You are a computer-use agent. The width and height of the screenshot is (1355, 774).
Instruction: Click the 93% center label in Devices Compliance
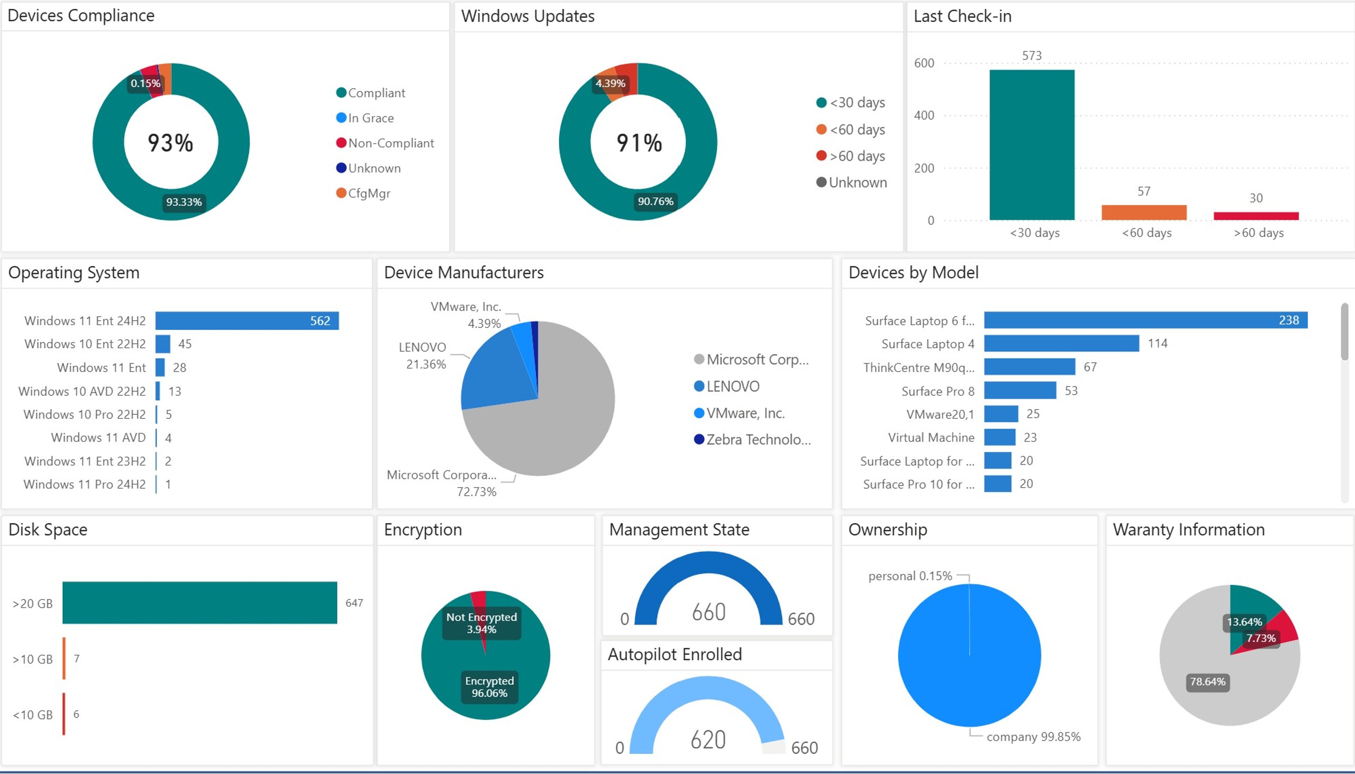[170, 143]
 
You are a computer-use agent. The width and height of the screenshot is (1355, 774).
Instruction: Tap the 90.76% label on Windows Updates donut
[655, 201]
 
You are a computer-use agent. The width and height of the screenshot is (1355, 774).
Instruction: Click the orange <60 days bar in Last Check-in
[1144, 212]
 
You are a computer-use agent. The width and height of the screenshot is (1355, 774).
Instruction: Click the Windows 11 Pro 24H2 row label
[84, 484]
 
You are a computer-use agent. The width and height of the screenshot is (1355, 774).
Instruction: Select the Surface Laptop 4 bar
[1061, 343]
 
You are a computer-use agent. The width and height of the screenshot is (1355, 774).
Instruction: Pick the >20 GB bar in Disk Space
[199, 602]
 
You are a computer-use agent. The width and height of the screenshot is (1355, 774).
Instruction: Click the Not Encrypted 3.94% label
[481, 623]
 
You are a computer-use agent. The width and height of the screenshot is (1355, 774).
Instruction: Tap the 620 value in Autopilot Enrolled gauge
[708, 739]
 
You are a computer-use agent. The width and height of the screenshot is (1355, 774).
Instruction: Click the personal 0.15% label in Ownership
[910, 576]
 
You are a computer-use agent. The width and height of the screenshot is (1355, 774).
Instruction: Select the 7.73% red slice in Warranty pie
[1286, 627]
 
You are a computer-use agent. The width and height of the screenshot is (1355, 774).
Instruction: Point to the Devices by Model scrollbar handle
[1344, 332]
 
